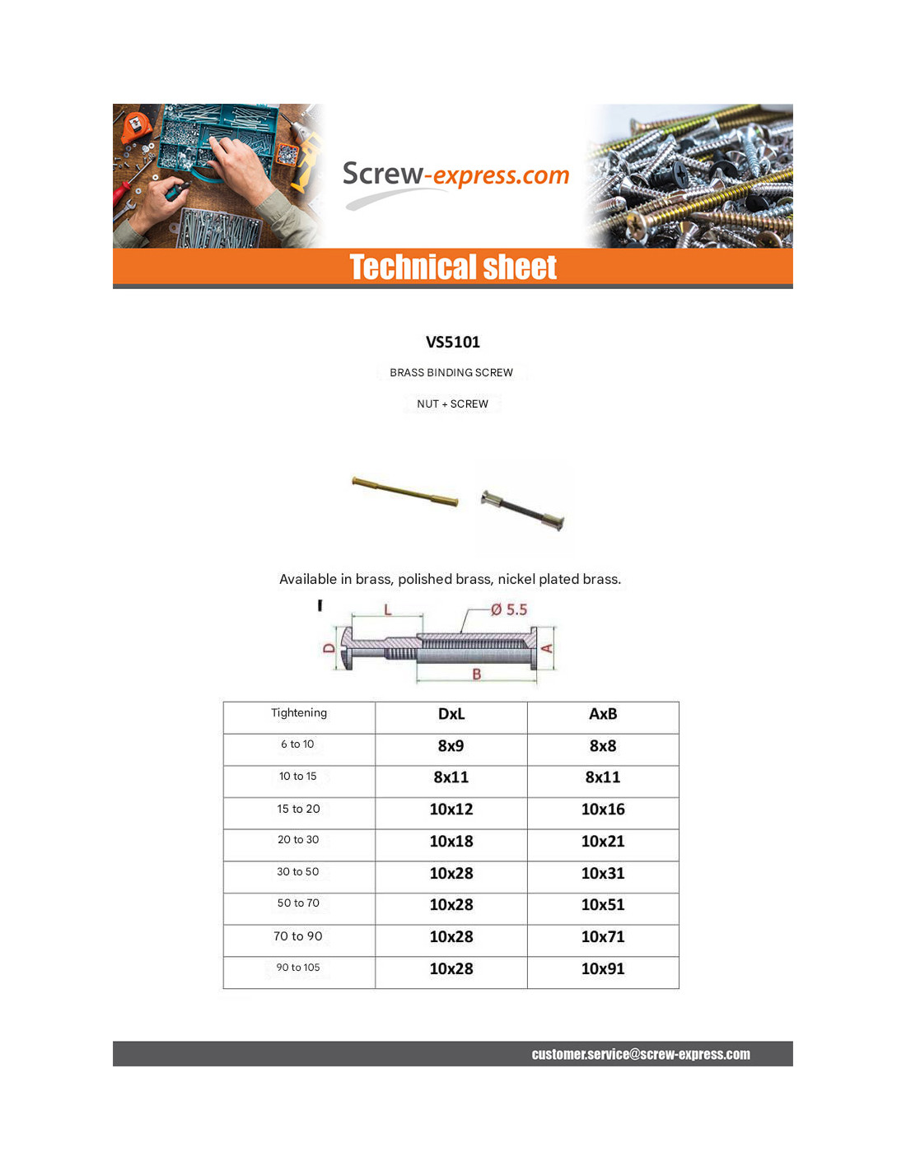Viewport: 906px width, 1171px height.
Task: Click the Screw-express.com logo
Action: pos(455,175)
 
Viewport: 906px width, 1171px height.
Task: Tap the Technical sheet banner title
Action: pos(453,268)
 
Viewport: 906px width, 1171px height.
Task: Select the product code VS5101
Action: pos(453,342)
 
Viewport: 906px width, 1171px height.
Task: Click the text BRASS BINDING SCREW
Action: pos(451,373)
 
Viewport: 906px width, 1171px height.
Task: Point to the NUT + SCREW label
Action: pos(452,404)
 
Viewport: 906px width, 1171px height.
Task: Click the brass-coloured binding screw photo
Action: pos(405,491)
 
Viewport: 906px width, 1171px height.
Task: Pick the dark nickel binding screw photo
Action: pos(523,510)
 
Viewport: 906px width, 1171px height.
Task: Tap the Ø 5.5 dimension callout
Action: pos(508,610)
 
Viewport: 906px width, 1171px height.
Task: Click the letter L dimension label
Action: pos(387,610)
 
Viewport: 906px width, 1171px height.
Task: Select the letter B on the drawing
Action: pos(476,674)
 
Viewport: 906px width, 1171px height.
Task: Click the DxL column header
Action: pos(451,714)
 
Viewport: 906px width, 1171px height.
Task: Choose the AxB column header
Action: pos(603,714)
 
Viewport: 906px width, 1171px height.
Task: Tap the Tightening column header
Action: pos(299,713)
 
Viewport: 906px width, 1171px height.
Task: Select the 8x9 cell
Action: pos(451,746)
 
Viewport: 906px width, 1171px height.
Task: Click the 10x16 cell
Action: pos(603,809)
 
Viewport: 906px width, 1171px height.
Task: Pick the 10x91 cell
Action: pos(603,969)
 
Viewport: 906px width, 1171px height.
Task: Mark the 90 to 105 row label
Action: pos(298,968)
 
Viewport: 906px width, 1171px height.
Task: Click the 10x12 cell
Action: pos(451,809)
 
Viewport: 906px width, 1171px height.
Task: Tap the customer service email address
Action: pos(641,1054)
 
